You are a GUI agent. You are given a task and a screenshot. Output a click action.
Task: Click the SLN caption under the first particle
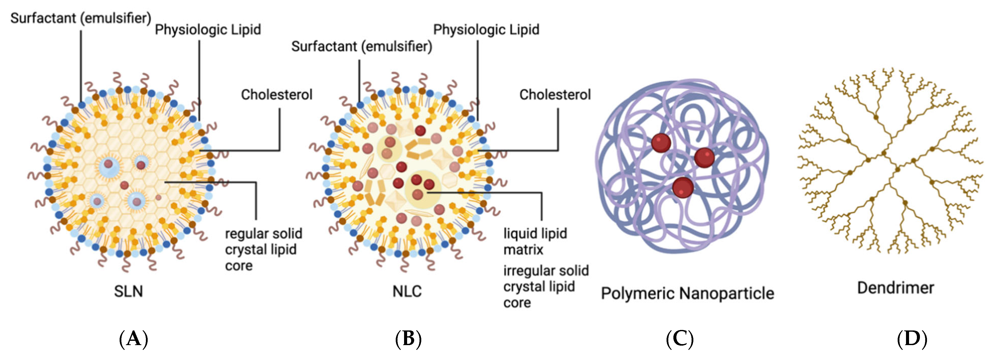click(128, 291)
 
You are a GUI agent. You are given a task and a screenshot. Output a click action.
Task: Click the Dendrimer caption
click(895, 288)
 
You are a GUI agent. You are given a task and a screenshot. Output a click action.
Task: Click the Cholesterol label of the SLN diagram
click(276, 94)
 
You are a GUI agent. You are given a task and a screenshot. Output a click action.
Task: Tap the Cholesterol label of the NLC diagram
click(555, 94)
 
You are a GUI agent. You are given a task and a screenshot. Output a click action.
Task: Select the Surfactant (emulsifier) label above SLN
click(81, 18)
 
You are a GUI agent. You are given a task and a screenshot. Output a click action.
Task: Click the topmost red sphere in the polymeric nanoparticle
click(661, 143)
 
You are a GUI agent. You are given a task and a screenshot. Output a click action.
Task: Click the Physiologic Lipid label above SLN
click(208, 30)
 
